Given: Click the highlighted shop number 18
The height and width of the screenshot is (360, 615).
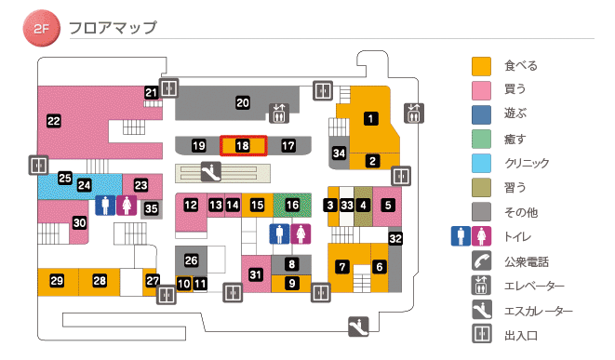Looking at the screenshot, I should (243, 146).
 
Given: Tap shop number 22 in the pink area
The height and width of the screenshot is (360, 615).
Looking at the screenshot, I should (54, 120).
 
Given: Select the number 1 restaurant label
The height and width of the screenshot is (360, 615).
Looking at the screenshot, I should (371, 118).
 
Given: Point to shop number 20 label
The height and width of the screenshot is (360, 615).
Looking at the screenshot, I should (243, 102).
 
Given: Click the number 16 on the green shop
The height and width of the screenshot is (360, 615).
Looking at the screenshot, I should (292, 205).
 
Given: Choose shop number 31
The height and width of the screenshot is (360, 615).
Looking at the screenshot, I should (256, 273).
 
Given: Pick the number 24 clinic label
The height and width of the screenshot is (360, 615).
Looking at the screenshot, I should (85, 185).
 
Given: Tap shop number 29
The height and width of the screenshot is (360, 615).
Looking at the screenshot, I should (57, 281).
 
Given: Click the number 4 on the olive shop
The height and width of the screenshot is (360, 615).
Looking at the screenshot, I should (364, 205).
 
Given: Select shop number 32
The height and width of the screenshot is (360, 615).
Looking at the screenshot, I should (395, 239).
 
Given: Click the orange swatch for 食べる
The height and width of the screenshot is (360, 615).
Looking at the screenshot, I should (481, 66).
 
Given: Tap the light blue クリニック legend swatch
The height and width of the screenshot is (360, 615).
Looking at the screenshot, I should (481, 164).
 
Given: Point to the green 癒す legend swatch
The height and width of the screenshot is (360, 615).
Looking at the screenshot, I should (481, 140).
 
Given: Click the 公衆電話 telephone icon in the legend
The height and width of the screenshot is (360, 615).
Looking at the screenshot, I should (481, 261).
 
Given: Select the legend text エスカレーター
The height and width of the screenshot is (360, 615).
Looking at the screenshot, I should (539, 312).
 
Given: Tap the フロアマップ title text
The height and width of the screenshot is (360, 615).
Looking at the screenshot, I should (113, 28).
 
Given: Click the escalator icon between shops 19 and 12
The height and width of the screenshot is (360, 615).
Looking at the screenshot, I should (211, 171).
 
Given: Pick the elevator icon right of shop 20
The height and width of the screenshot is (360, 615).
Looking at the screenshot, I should (279, 113).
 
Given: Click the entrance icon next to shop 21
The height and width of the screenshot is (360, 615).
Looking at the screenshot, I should (168, 88).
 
